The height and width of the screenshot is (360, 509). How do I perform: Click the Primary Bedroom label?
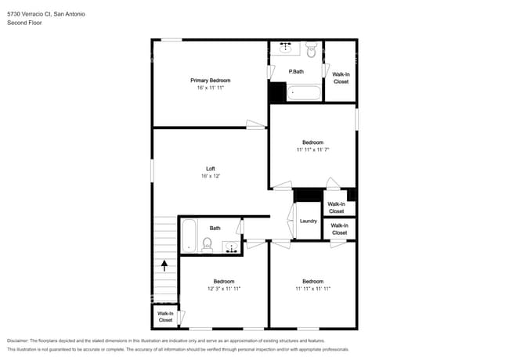point(211,81)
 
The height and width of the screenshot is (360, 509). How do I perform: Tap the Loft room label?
point(211,168)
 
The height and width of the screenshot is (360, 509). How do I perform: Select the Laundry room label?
point(308,221)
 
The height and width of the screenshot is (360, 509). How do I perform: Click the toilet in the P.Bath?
point(312,49)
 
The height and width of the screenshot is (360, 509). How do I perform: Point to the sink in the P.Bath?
point(285,48)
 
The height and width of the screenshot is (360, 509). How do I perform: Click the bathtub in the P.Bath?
point(304,92)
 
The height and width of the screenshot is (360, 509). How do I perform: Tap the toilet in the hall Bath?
point(207,244)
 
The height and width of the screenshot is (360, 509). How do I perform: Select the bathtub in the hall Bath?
point(189,236)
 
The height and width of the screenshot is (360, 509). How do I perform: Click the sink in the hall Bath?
point(232,247)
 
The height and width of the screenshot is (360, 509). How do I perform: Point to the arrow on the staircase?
point(164,265)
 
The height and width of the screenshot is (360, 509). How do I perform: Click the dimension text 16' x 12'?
point(211,176)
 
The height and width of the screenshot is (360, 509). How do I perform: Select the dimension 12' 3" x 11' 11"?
point(224,289)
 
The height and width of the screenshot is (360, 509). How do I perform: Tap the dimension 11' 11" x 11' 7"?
point(313,149)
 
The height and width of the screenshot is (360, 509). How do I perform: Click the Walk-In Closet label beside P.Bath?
point(341,78)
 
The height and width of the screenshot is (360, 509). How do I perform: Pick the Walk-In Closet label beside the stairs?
point(165,317)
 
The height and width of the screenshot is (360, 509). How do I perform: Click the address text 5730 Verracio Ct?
point(29,14)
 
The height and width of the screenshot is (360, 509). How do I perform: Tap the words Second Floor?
point(24,23)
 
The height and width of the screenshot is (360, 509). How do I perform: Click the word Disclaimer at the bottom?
point(18,340)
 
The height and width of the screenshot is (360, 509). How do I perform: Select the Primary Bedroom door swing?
point(256,124)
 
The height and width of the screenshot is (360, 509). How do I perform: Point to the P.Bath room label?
point(296,72)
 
